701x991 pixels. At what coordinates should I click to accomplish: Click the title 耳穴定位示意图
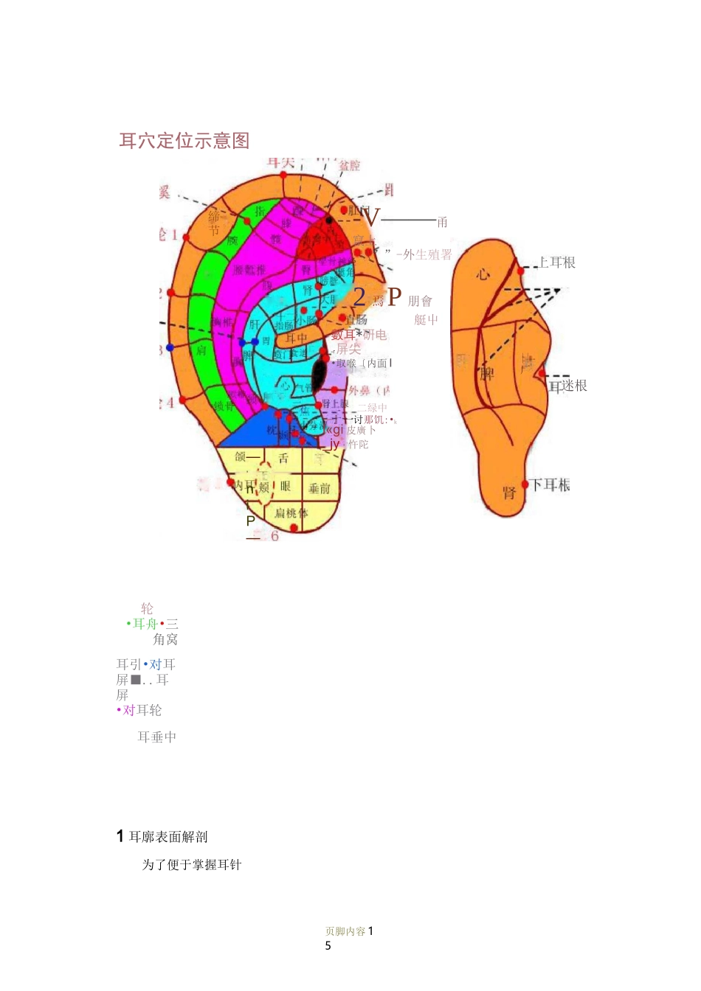184,141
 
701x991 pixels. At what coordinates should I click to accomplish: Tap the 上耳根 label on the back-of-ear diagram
557,262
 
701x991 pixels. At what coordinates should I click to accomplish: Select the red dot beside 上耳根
521,271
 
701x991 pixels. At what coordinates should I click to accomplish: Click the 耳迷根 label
567,386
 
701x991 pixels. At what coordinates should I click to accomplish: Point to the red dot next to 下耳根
526,485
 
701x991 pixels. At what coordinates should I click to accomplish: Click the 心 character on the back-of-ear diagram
483,274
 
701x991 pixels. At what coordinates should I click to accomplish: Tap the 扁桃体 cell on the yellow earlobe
291,512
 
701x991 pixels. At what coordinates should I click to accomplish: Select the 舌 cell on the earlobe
283,458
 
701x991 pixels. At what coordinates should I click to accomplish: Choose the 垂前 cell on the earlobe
320,488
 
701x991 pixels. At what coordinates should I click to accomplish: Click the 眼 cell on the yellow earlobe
285,487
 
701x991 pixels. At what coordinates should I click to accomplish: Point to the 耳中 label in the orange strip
297,338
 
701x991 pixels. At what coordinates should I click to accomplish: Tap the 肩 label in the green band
201,351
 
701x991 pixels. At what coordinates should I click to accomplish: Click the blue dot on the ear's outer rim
170,347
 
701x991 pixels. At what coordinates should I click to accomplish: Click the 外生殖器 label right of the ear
427,255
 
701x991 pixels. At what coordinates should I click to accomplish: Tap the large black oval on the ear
319,374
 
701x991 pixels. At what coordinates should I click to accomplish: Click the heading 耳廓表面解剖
168,837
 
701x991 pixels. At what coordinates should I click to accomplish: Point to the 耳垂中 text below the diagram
157,737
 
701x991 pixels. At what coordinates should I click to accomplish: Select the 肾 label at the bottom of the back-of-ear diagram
509,493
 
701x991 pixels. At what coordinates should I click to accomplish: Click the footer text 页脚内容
345,931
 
